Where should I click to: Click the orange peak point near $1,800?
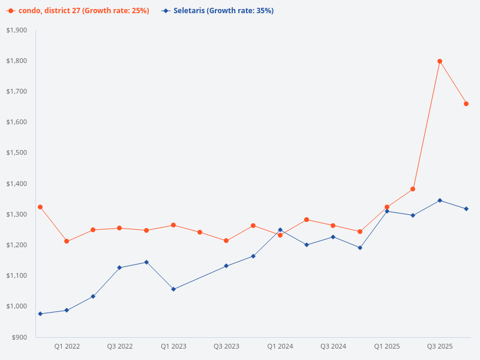(x=440, y=61)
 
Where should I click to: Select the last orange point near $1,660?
(x=466, y=104)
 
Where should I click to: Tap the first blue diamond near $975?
(x=40, y=314)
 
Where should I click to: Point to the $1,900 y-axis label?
(x=17, y=30)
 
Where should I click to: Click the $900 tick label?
(x=19, y=337)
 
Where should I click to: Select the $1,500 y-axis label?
(x=17, y=153)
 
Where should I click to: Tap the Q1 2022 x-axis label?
(x=67, y=347)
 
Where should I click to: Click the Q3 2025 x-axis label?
(x=440, y=347)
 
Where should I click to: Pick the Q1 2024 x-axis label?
(x=280, y=347)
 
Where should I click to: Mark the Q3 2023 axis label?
(x=227, y=347)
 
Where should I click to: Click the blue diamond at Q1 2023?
(x=173, y=289)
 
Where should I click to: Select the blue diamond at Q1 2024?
(x=280, y=230)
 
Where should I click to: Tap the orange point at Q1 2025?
(x=387, y=207)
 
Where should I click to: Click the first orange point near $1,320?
(x=40, y=207)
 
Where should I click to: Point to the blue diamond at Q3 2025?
(x=440, y=200)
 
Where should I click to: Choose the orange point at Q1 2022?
(x=67, y=241)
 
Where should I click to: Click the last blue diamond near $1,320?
(x=466, y=209)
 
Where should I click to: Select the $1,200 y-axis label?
(x=17, y=245)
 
